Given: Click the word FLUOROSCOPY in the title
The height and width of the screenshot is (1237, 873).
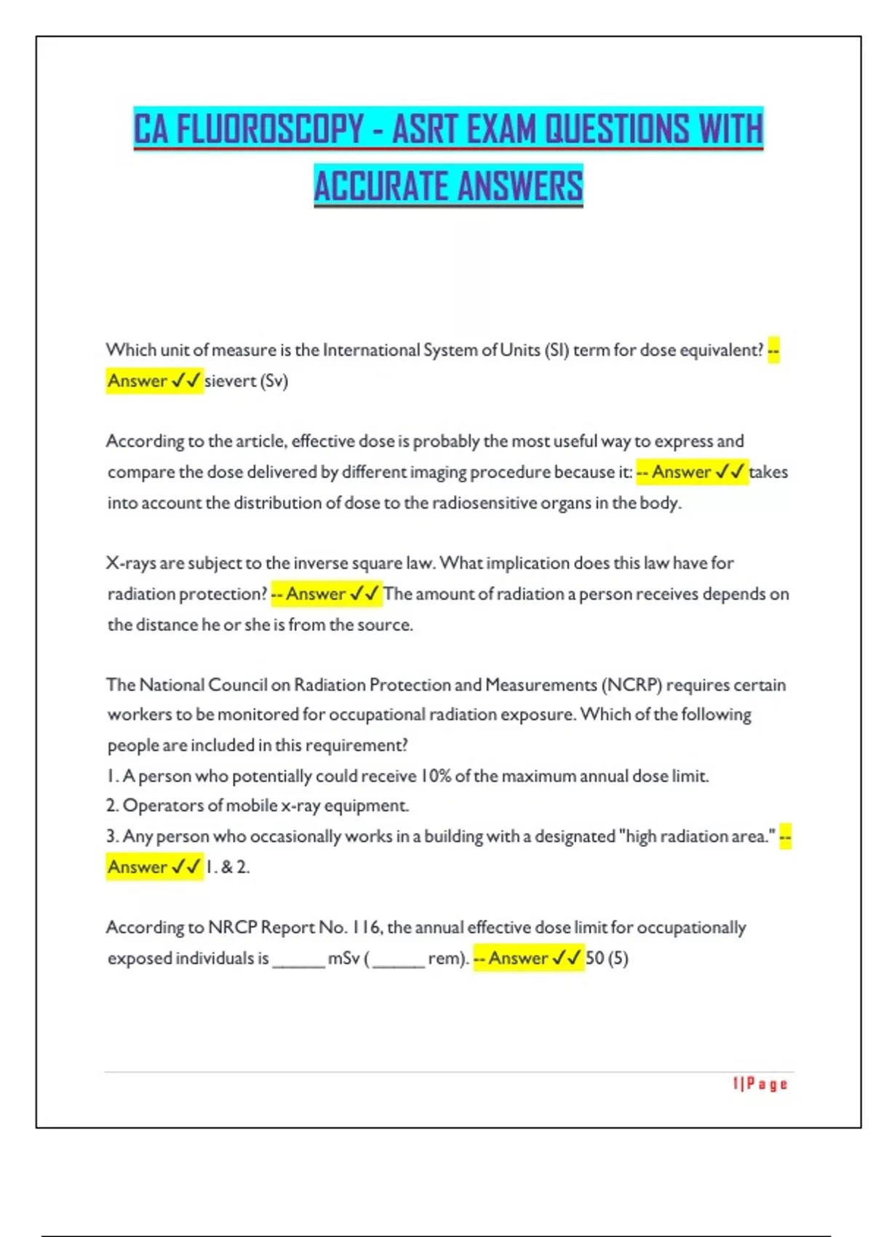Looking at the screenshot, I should pos(270,129).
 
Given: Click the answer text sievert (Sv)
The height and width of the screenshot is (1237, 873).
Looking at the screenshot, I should pos(246,381).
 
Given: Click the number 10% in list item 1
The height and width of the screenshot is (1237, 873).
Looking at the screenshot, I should pos(435,776).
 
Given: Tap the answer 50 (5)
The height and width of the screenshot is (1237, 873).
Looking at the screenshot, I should pos(607,958).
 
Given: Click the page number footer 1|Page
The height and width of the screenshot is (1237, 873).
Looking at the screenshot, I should pos(760,1084).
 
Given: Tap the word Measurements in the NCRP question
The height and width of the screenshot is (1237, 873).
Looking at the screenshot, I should pos(541,685).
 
